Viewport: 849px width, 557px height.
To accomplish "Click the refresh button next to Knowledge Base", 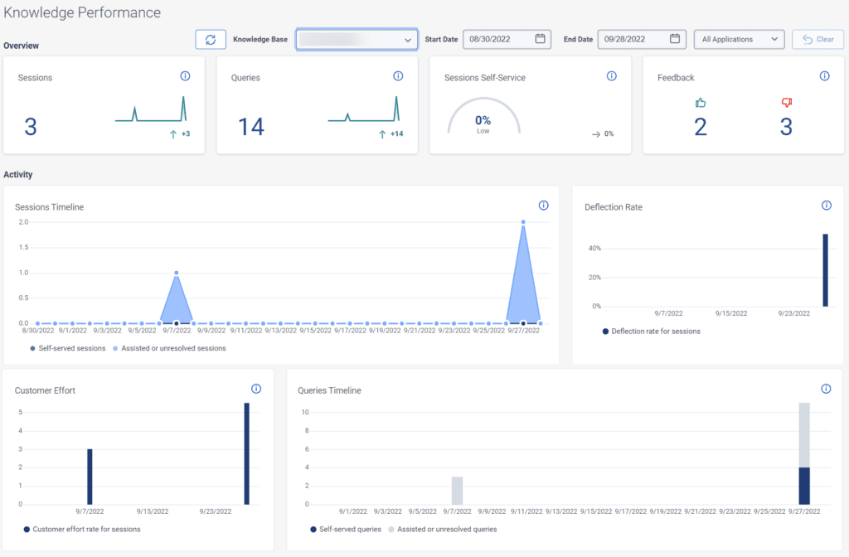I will click(211, 39).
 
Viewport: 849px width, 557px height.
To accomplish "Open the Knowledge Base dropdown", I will click(357, 39).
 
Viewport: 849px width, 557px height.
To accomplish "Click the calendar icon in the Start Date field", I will click(541, 39).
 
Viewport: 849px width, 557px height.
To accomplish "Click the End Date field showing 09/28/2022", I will click(634, 39).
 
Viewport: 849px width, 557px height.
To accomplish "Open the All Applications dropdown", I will click(739, 39).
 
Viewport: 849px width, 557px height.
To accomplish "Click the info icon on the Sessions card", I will click(185, 76).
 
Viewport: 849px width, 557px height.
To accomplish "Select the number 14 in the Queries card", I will click(250, 126).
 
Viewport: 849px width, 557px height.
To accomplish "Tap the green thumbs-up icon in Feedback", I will click(701, 103).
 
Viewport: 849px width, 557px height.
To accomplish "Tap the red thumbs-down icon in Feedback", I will click(786, 103).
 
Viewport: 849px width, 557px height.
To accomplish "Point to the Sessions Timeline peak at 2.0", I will click(523, 222).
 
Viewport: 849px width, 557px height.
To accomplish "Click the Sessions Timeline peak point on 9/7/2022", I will click(176, 273).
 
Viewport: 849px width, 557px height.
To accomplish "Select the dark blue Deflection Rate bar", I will click(825, 269).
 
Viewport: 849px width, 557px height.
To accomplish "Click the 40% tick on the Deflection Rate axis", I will click(594, 249).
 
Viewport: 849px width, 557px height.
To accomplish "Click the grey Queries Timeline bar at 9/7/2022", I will click(457, 490).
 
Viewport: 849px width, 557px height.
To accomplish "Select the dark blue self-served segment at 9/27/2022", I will click(803, 485).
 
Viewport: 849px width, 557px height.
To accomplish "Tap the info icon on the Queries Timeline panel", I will click(826, 389).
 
